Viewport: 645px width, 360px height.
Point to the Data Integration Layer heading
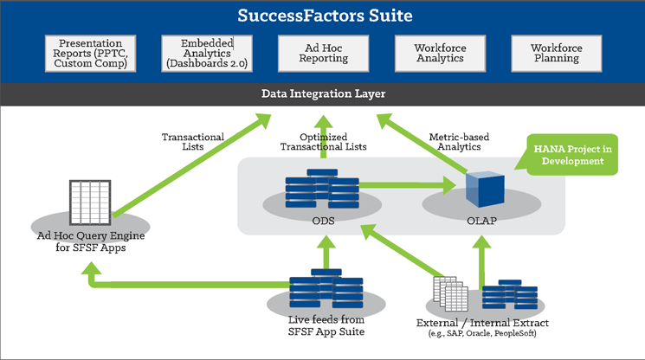click(322, 93)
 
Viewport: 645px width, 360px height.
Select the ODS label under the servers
click(322, 221)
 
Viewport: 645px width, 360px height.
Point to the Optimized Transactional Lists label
click(323, 142)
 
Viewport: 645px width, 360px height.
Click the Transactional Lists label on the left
click(192, 142)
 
